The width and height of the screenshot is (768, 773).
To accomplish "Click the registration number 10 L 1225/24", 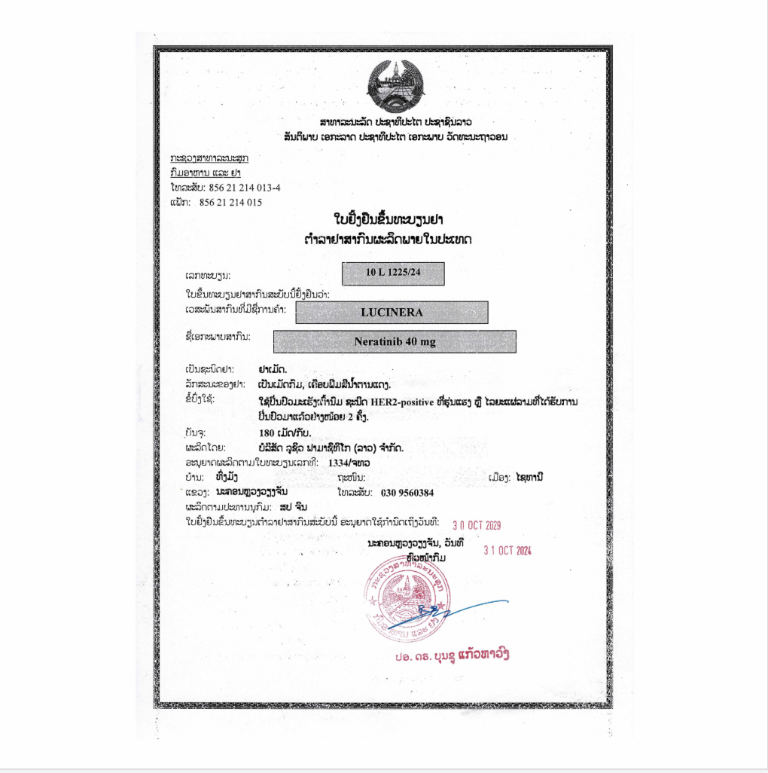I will (393, 273).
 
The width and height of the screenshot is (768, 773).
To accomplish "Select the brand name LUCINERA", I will (392, 312).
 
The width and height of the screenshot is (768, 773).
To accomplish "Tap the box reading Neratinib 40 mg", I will (395, 341).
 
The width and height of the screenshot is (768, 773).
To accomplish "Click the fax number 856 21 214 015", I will (230, 203).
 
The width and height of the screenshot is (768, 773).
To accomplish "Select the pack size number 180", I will (266, 432).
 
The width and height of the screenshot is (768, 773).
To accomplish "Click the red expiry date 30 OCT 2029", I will (477, 524).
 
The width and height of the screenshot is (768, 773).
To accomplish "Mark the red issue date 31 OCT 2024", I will (507, 551).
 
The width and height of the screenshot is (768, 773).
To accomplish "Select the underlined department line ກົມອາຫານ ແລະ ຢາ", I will (205, 173).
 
